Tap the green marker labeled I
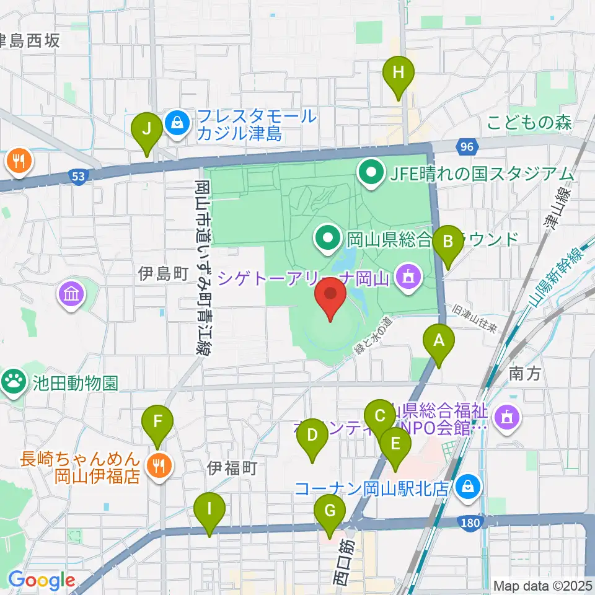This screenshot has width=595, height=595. tap(209, 511)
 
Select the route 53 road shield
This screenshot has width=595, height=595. tap(77, 177)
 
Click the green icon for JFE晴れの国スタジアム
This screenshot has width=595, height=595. tap(372, 173)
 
